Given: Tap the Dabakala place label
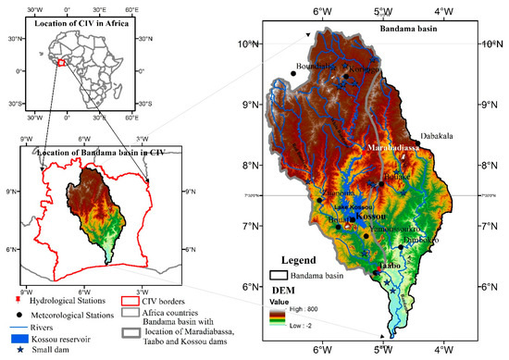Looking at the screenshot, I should pyautogui.click(x=438, y=135).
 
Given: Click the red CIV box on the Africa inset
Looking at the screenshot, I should pyautogui.click(x=62, y=63).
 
